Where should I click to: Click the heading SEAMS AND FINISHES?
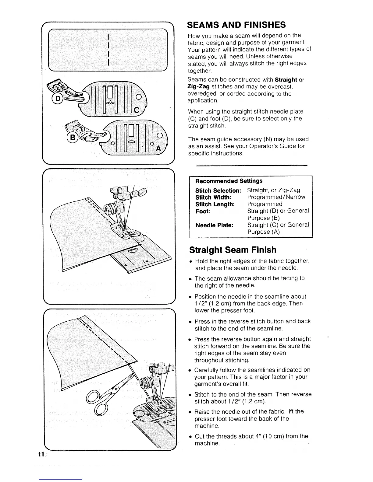236,24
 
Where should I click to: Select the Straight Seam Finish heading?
233,250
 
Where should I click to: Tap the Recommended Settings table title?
229,181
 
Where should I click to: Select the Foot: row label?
203,211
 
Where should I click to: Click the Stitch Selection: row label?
218,190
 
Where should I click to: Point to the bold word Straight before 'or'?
286,80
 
